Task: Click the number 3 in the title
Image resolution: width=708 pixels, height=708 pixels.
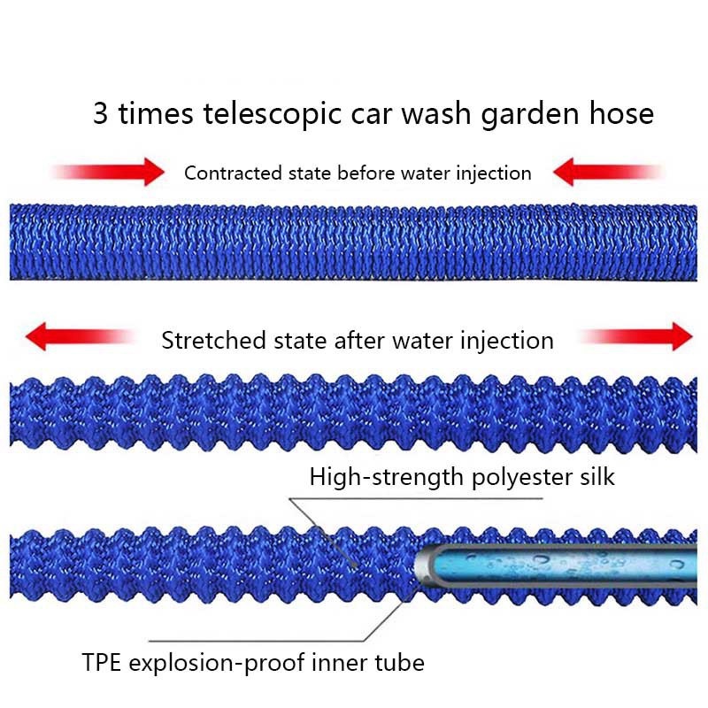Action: pos(101,115)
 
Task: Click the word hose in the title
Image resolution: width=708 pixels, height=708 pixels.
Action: pos(620,115)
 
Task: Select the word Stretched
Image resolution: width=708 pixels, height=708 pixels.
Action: pos(211,340)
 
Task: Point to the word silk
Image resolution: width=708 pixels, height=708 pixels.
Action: pos(595,477)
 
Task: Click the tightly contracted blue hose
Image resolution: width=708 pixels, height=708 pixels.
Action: pos(354,242)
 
